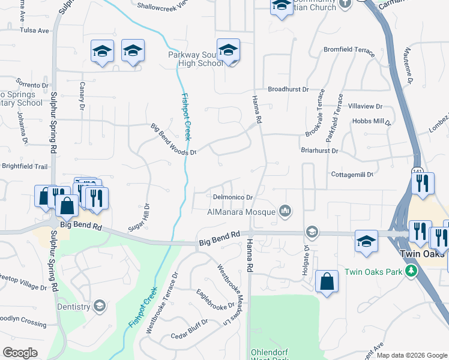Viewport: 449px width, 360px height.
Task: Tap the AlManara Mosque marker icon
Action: [x=285, y=211]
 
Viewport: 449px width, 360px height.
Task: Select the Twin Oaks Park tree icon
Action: [x=411, y=271]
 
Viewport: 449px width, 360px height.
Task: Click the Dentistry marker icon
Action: [x=99, y=307]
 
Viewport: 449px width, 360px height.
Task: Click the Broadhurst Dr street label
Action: [x=288, y=89]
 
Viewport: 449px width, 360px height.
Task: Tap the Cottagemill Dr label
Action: [x=352, y=174]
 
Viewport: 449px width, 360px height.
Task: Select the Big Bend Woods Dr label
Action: [x=173, y=139]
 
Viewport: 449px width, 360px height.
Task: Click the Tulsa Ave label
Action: [x=34, y=30]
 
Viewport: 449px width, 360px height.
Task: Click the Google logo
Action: [x=20, y=353]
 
